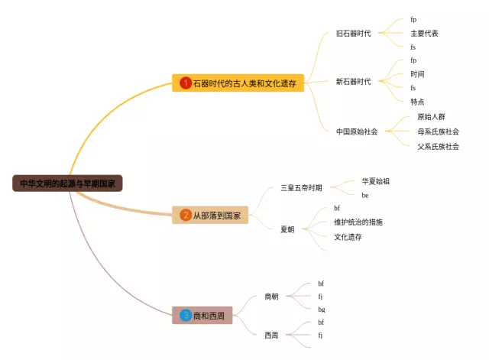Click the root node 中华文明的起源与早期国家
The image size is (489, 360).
67,183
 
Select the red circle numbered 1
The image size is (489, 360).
185,83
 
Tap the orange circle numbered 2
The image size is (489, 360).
185,215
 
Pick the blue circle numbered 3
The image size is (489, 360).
185,316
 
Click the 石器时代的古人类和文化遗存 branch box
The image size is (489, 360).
238,83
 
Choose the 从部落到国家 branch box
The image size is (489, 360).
210,215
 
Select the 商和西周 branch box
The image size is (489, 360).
202,316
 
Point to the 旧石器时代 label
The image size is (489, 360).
353,34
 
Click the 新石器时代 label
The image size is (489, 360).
353,82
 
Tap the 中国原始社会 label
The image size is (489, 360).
357,131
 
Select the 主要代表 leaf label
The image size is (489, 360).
424,34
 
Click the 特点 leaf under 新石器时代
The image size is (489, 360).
417,102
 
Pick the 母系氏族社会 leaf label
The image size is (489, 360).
438,131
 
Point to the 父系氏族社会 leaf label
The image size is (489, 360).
438,147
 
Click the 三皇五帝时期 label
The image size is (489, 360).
301,188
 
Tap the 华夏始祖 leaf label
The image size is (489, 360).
375,181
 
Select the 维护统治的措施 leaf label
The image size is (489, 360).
358,222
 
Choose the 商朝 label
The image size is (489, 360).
271,297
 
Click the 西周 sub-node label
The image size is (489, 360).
271,336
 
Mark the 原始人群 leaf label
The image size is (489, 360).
431,117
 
